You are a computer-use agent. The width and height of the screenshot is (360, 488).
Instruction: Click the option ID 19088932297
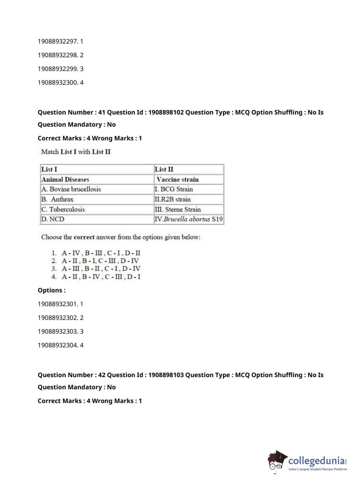pyautogui.click(x=58, y=41)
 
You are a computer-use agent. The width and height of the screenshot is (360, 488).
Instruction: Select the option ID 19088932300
pyautogui.click(x=58, y=82)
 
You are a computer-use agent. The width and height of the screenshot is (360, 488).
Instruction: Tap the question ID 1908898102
pyautogui.click(x=166, y=112)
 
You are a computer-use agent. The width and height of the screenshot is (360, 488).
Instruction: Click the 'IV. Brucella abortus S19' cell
pyautogui.click(x=188, y=219)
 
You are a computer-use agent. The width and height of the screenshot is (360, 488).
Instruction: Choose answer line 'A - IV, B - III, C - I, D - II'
pyautogui.click(x=101, y=253)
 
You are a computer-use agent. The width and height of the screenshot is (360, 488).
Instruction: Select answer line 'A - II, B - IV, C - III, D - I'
pyautogui.click(x=101, y=277)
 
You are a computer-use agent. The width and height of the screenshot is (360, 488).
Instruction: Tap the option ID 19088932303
pyautogui.click(x=58, y=331)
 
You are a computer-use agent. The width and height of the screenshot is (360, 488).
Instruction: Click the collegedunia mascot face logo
pyautogui.click(x=277, y=461)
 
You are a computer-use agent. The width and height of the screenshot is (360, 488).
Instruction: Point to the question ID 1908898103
pyautogui.click(x=166, y=375)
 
